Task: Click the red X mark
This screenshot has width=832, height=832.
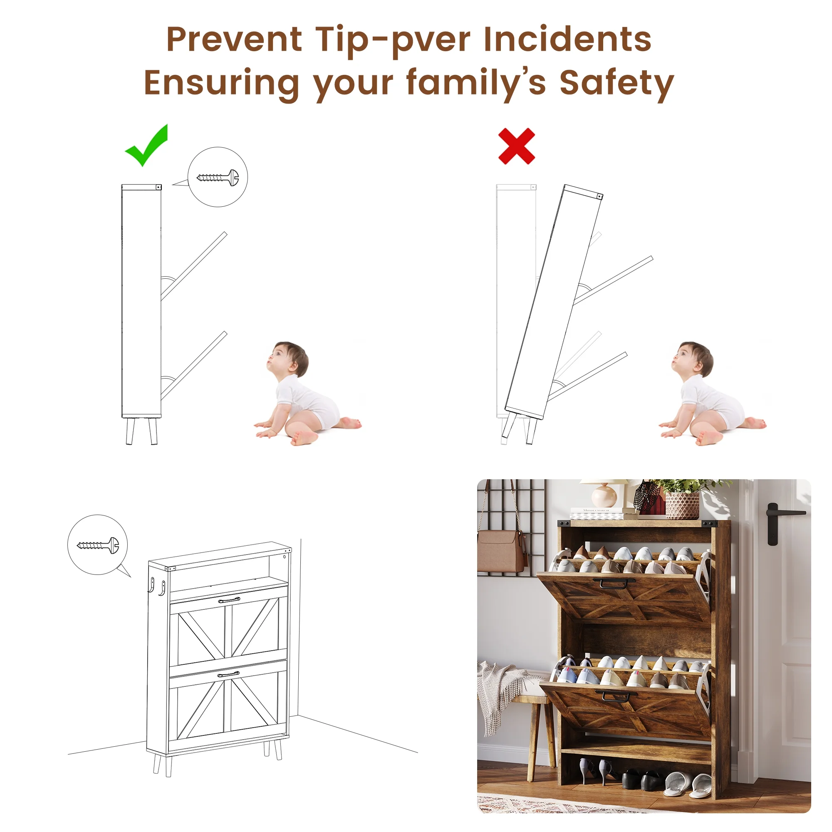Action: [x=516, y=146]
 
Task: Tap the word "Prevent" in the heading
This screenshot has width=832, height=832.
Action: [x=234, y=39]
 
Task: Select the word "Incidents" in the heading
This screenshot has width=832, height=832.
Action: [x=567, y=39]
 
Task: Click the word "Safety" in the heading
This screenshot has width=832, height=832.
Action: [x=616, y=84]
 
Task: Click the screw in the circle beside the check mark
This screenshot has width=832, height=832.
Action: [x=217, y=177]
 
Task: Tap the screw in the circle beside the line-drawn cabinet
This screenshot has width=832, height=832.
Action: [x=97, y=545]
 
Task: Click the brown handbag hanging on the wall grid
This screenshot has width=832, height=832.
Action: [x=502, y=550]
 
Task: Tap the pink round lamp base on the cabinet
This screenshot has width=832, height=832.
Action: [x=604, y=495]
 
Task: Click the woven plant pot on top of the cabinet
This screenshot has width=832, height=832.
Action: [x=683, y=505]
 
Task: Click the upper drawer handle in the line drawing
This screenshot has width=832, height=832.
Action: [x=229, y=600]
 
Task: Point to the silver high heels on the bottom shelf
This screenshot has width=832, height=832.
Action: [x=596, y=771]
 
